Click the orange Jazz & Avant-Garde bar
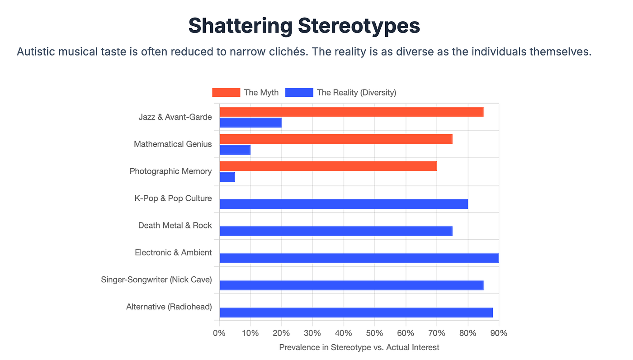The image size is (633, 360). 351,112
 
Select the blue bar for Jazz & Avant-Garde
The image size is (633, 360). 250,123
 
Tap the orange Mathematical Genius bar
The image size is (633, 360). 335,139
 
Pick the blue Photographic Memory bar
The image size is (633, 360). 227,177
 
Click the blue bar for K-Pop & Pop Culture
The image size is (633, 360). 344,204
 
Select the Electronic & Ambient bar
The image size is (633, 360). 359,258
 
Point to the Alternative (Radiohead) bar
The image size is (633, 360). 356,313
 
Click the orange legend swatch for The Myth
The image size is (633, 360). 226,93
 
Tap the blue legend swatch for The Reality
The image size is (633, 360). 299,93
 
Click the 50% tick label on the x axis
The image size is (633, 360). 374,333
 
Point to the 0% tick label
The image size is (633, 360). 219,333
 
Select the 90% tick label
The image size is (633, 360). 499,333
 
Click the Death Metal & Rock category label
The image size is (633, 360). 175,225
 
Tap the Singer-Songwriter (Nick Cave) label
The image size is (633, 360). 156,279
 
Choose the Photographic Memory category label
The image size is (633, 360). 170,171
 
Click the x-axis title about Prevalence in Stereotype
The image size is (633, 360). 359,347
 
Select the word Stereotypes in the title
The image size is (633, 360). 359,26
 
